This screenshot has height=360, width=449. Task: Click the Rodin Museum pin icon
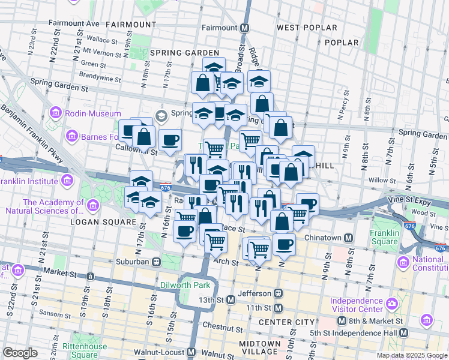pyautogui.click(x=56, y=113)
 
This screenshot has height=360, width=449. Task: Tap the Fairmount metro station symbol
pyautogui.click(x=245, y=28)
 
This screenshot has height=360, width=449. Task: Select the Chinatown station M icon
pyautogui.click(x=348, y=238)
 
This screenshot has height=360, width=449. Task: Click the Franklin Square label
pyautogui.click(x=384, y=238)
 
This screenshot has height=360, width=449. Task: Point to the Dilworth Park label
pyautogui.click(x=185, y=284)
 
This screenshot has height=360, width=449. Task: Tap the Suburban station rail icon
pyautogui.click(x=156, y=262)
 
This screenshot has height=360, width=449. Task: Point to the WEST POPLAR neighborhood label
pyautogui.click(x=303, y=28)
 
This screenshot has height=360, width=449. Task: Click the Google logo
pyautogui.click(x=20, y=353)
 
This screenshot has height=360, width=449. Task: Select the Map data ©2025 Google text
pyautogui.click(x=412, y=355)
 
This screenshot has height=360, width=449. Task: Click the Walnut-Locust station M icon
pyautogui.click(x=191, y=352)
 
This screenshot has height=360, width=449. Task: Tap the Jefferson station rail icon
pyautogui.click(x=278, y=293)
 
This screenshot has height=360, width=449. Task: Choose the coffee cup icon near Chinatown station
pyautogui.click(x=284, y=244)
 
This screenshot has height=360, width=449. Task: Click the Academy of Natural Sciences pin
pyautogui.click(x=92, y=206)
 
